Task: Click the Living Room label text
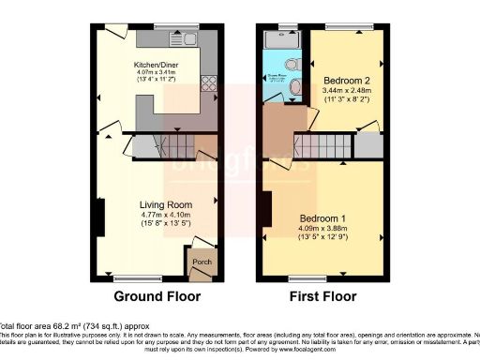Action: click(x=166, y=205)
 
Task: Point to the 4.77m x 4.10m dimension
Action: click(x=166, y=216)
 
